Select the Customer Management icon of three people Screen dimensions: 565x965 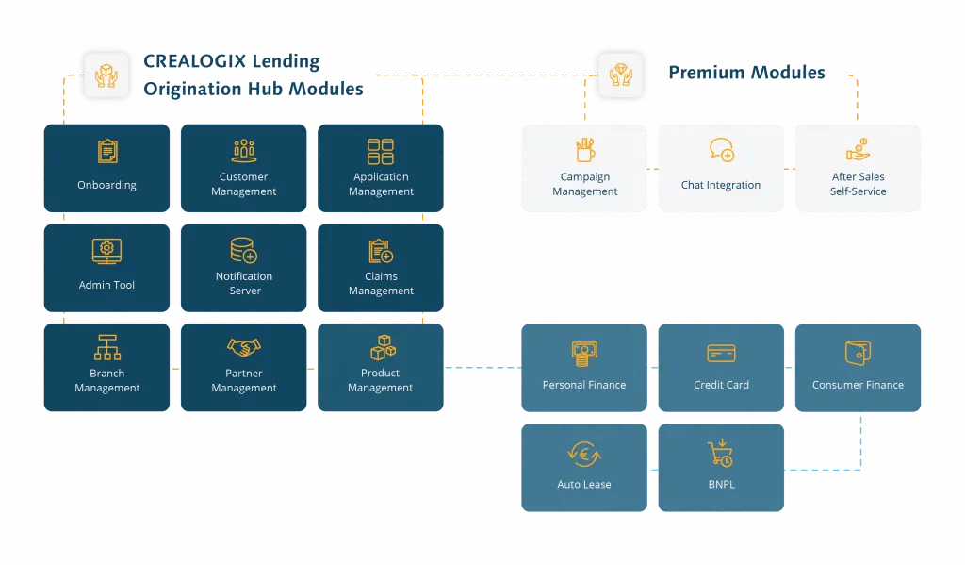click(x=244, y=150)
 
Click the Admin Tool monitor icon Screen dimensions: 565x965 click(x=106, y=251)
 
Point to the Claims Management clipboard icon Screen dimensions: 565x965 click(x=381, y=251)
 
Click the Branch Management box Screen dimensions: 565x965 click(x=107, y=368)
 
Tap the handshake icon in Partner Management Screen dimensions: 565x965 click(x=244, y=348)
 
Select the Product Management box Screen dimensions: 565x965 click(x=381, y=368)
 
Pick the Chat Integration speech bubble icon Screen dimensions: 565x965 click(x=722, y=151)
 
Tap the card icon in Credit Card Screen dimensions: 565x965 click(x=722, y=354)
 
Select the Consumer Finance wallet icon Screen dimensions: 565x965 click(x=858, y=353)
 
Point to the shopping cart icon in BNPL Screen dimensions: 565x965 click(x=721, y=453)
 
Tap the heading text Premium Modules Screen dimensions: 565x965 click(x=746, y=73)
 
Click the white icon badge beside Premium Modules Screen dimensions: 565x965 click(x=621, y=75)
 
